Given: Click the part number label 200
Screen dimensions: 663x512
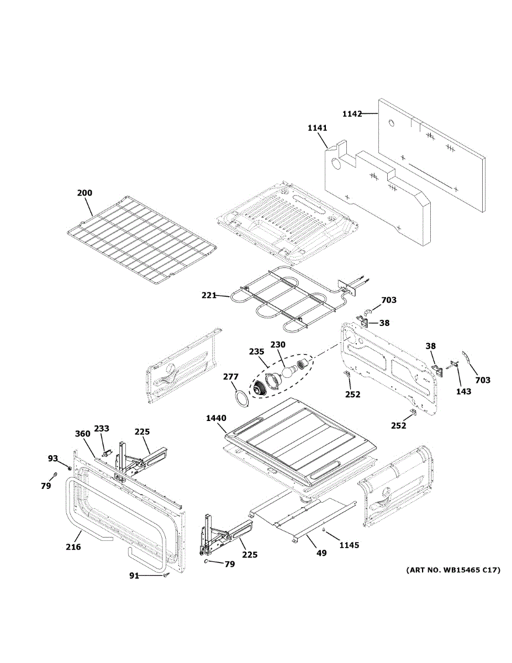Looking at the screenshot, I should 85,193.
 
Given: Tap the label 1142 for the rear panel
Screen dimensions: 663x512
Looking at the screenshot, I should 352,114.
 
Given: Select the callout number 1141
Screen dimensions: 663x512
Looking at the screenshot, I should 317,128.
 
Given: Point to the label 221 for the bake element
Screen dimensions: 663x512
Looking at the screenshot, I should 209,296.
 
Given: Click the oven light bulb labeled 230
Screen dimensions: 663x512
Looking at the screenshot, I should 286,372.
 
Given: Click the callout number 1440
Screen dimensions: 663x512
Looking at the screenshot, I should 216,418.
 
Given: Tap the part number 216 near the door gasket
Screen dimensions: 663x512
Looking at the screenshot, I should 73,547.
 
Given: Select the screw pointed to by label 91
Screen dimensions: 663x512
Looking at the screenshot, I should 166,576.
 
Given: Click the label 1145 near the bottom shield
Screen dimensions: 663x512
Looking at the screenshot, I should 349,545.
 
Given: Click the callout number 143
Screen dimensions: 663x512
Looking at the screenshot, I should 463,391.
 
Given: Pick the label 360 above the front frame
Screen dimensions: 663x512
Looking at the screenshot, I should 82,434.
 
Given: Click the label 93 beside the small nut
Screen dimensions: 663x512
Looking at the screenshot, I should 52,458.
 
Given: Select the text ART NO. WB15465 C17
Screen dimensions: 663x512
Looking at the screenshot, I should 453,570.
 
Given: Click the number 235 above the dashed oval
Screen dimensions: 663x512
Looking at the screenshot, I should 256,351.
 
